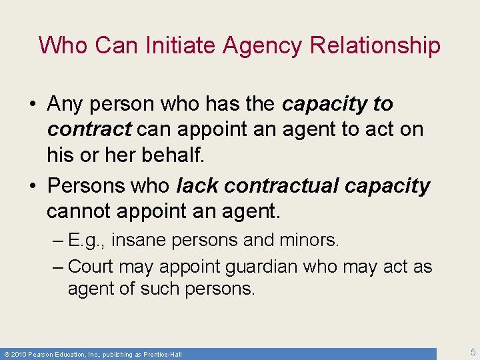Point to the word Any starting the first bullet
[x=65, y=105]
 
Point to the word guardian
[x=261, y=267]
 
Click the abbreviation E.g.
[x=83, y=240]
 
